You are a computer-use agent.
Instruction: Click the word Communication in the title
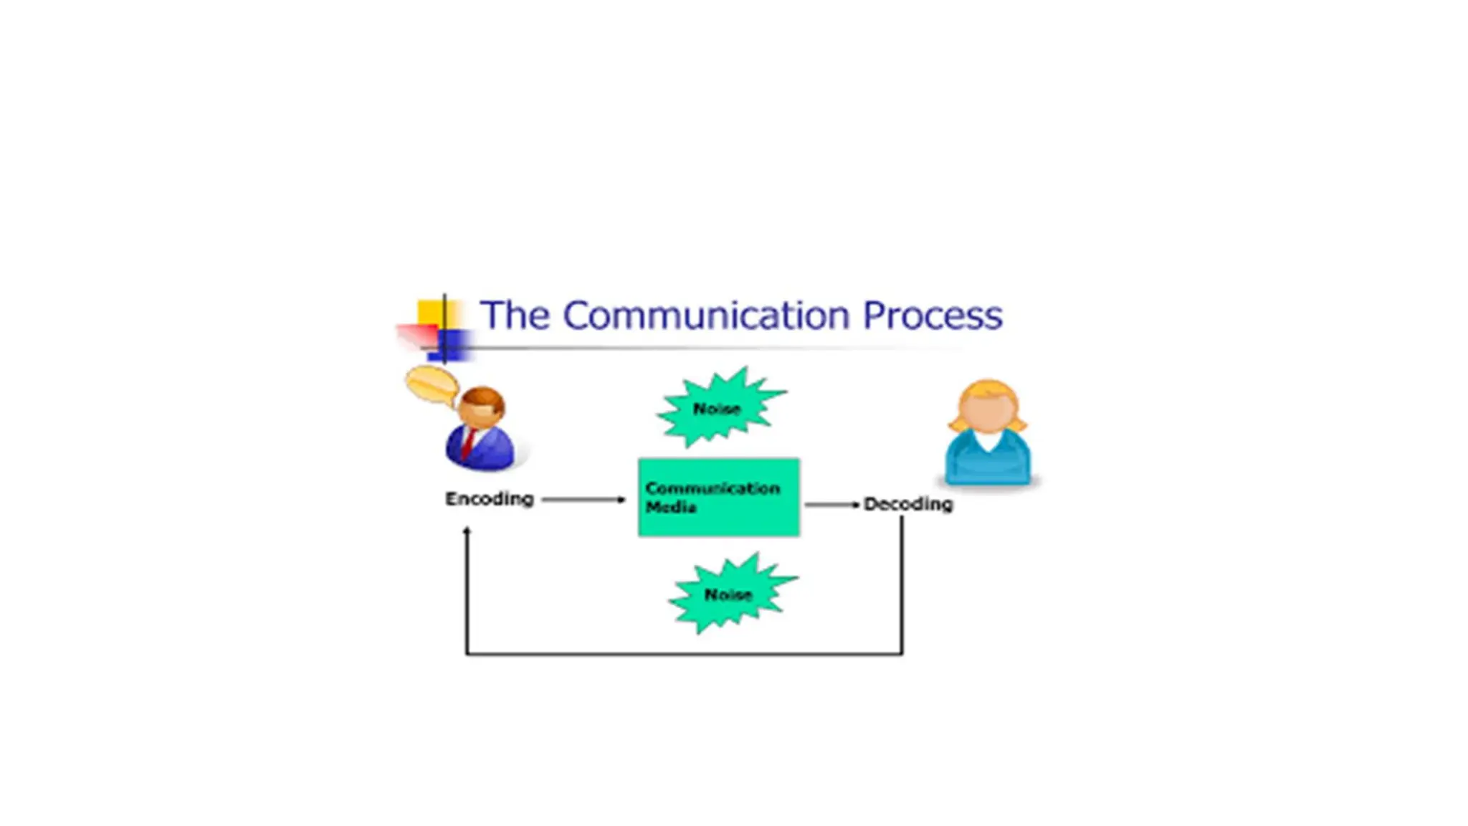(x=712, y=315)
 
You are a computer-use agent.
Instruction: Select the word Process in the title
(x=932, y=315)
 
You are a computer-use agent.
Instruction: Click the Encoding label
(x=490, y=498)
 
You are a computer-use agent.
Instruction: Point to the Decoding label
(x=908, y=504)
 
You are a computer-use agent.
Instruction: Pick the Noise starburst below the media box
(x=728, y=594)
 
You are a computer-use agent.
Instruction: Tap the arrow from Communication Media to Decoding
(x=831, y=505)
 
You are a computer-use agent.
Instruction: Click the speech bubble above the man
(x=432, y=385)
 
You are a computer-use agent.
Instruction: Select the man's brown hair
(x=483, y=397)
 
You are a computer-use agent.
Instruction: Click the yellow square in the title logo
(x=430, y=313)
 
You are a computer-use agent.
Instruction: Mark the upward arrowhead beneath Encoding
(x=467, y=531)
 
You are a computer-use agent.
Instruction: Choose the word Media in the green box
(x=671, y=507)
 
